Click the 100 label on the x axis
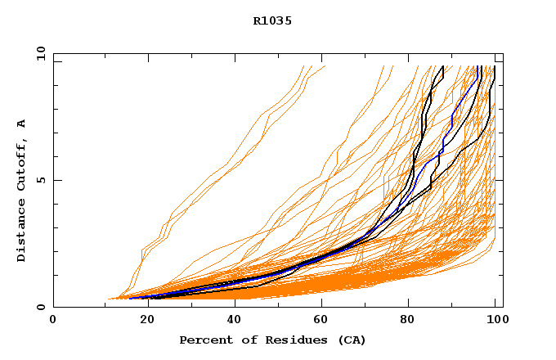[495, 321]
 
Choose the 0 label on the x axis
[54, 321]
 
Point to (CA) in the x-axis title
[350, 340]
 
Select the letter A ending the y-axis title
[22, 123]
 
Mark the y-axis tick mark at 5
[56, 180]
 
